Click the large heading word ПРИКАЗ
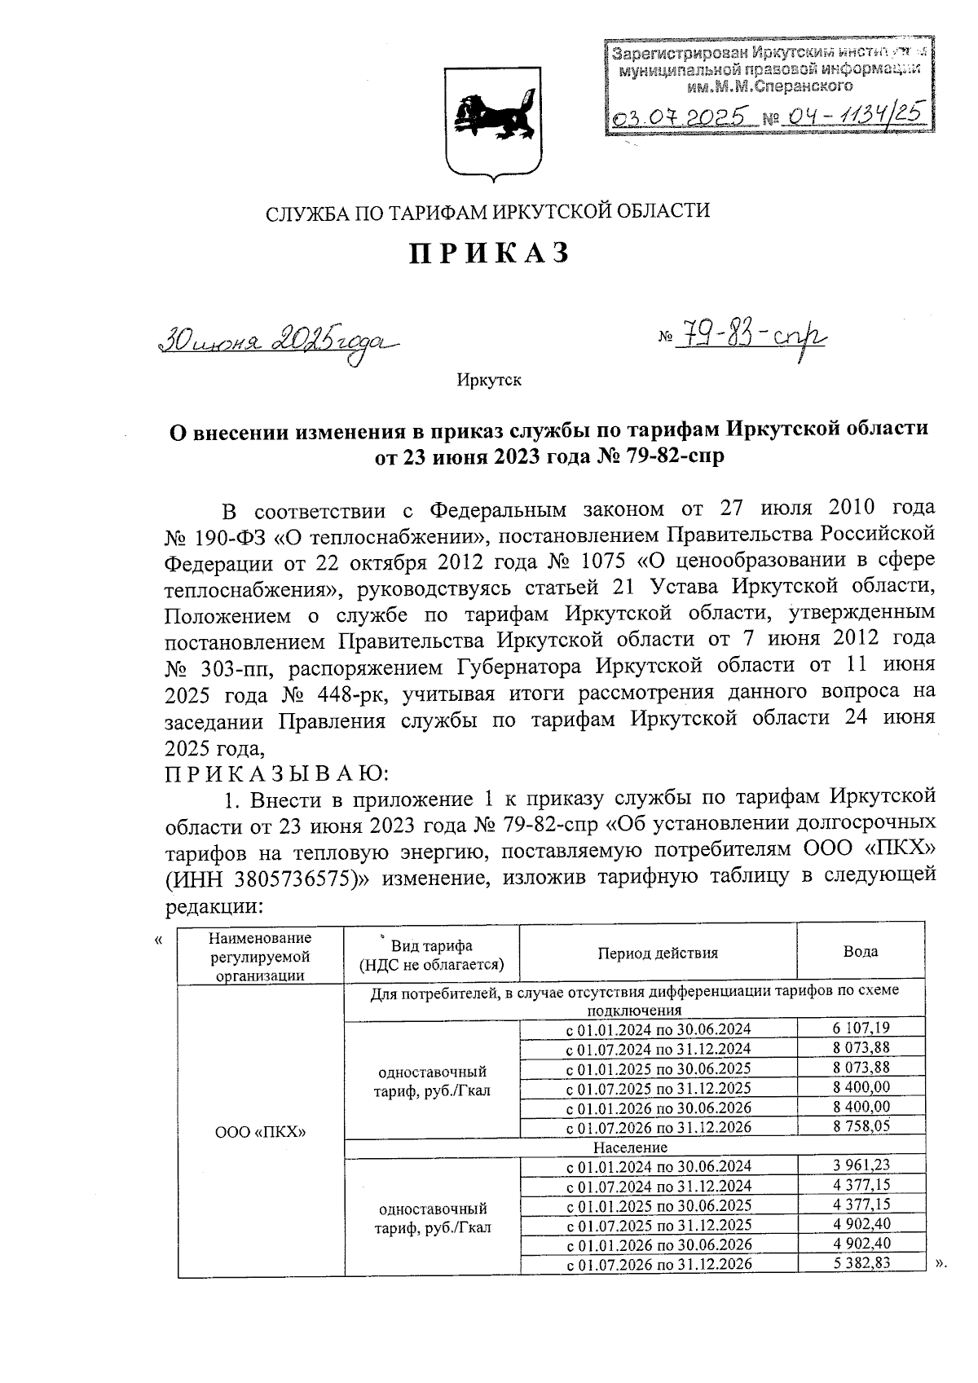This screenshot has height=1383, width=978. coord(488,253)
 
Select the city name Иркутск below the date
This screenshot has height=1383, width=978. coord(489,380)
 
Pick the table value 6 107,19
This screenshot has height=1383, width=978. coord(861,1028)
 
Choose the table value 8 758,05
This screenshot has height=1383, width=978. coord(861,1126)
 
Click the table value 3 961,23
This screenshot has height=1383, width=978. coord(861,1166)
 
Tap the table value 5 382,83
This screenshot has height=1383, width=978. coord(861,1264)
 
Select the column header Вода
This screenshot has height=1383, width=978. coord(861,951)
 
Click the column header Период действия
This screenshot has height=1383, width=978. coord(658,952)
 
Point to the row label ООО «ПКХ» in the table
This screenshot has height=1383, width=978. coord(260,1132)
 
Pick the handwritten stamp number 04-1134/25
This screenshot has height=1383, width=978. coord(852,118)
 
